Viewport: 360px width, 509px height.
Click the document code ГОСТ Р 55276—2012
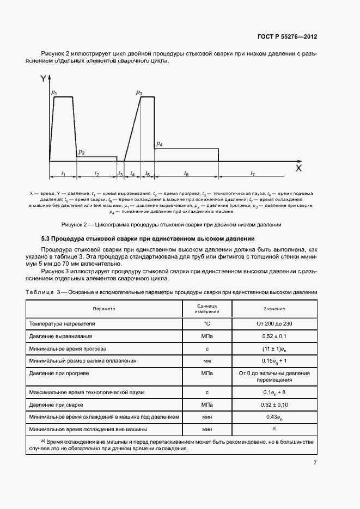pyautogui.click(x=287, y=36)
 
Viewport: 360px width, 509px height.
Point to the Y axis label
pyautogui.click(x=43, y=79)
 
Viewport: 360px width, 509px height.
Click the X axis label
pyautogui.click(x=298, y=169)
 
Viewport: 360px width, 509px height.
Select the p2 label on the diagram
pyautogui.click(x=81, y=152)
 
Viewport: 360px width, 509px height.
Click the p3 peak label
pyautogui.click(x=139, y=93)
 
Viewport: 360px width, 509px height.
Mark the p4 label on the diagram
pyautogui.click(x=159, y=144)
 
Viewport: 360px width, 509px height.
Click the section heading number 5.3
pyautogui.click(x=47, y=239)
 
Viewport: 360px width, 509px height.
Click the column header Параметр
pyautogui.click(x=103, y=309)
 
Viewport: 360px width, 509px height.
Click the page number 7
pyautogui.click(x=315, y=463)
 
